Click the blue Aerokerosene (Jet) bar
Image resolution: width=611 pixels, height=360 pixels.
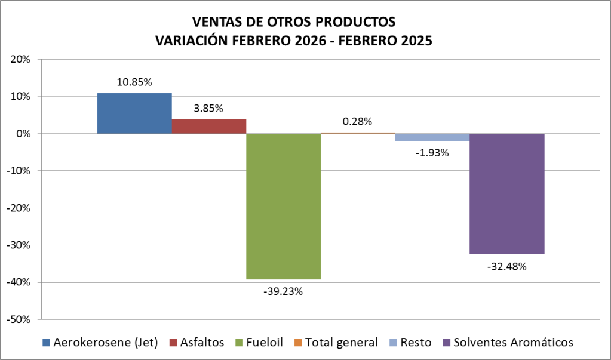click(134, 113)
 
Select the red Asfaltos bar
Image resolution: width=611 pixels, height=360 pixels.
click(209, 127)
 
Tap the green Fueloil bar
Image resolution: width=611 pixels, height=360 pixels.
click(284, 206)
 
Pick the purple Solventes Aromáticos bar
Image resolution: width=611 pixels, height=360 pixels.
click(506, 194)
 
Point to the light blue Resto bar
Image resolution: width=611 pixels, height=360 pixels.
click(432, 137)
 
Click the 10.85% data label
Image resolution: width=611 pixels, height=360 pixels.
click(134, 82)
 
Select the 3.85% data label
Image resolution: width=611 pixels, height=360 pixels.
click(208, 109)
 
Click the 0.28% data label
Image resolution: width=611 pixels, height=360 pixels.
click(357, 121)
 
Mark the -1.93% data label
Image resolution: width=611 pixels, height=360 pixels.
click(432, 153)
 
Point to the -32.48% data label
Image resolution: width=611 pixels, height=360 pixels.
click(506, 266)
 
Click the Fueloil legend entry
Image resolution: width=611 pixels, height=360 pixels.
click(257, 343)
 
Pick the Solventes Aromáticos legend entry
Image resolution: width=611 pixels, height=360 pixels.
click(508, 343)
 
